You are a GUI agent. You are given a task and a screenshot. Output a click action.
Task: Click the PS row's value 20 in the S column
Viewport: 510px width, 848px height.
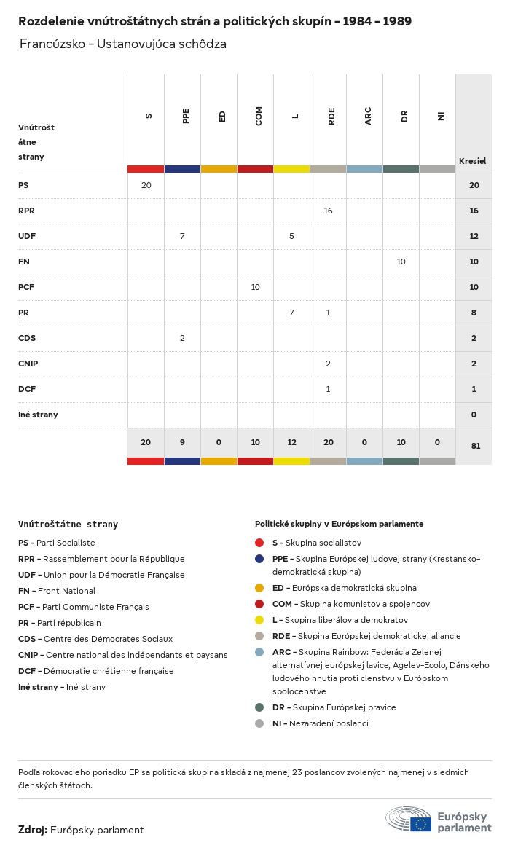click(x=146, y=186)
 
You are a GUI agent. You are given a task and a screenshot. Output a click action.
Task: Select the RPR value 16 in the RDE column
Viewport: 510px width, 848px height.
click(x=328, y=211)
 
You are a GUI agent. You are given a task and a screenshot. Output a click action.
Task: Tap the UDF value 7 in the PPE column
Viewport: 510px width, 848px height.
click(x=182, y=237)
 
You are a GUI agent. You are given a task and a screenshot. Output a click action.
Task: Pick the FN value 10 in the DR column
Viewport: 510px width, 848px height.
click(x=401, y=262)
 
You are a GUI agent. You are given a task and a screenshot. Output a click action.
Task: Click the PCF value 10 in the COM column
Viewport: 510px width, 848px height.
click(x=255, y=288)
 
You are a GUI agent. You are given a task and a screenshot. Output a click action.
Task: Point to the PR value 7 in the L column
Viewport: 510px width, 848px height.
click(x=291, y=313)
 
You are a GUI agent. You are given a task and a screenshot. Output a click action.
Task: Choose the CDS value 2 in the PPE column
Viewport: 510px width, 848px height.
click(x=182, y=339)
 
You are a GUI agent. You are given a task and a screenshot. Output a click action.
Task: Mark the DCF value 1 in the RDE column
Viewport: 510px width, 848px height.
click(x=328, y=390)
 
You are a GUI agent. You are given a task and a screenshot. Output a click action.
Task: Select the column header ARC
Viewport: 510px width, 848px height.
click(x=368, y=116)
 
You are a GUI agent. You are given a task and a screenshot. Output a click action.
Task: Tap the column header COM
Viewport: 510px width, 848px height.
click(x=259, y=116)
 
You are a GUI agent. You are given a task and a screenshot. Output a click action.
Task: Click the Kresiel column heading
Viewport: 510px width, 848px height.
click(x=472, y=161)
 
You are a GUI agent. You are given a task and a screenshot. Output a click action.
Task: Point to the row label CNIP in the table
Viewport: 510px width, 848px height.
click(x=28, y=364)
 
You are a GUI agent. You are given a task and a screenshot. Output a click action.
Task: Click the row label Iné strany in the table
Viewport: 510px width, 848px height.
click(x=38, y=415)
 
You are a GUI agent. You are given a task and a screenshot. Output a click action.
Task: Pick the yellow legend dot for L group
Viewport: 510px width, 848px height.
click(x=259, y=620)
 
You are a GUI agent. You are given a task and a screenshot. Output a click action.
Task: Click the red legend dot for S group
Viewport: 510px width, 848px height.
click(x=259, y=543)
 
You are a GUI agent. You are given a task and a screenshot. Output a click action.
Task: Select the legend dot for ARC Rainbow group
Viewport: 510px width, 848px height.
click(x=259, y=652)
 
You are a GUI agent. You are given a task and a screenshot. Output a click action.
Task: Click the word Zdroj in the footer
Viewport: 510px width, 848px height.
click(x=33, y=830)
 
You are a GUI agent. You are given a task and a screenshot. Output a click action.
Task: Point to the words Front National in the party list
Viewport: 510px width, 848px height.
click(x=66, y=591)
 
